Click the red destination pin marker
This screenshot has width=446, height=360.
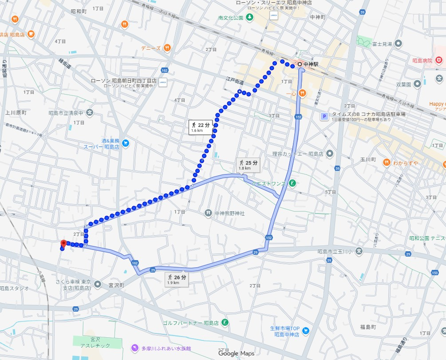pyautogui.click(x=63, y=244)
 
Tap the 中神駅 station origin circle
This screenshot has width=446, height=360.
pyautogui.click(x=300, y=65)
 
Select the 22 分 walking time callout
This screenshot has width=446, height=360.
pyautogui.click(x=201, y=127)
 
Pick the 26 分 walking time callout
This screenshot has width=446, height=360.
pyautogui.click(x=176, y=280)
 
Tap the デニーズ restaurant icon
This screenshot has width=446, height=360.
pyautogui.click(x=167, y=48)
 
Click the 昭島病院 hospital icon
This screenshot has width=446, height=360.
pyautogui.click(x=438, y=60)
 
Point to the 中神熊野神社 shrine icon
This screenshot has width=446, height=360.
pyautogui.click(x=208, y=213)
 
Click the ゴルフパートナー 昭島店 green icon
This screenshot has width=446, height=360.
pyautogui.click(x=225, y=322)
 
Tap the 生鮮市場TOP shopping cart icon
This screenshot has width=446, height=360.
pyautogui.click(x=305, y=331)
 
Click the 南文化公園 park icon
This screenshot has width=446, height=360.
pyautogui.click(x=249, y=17)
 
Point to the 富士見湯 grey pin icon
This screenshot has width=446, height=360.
pyautogui.click(x=398, y=44)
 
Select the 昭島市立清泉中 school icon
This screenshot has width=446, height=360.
pyautogui.click(x=90, y=113)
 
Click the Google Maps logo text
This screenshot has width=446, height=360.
pyautogui.click(x=236, y=353)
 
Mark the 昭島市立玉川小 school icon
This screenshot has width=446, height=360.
pyautogui.click(x=359, y=251)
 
